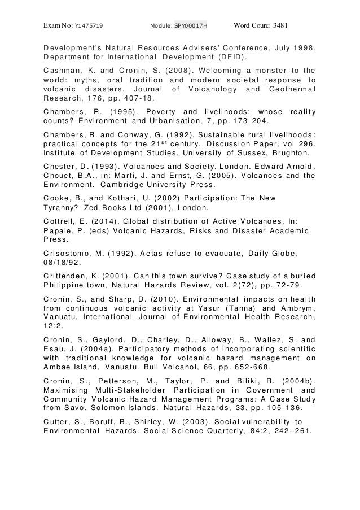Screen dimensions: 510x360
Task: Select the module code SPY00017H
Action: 191,25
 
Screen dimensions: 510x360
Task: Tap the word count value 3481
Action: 280,25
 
